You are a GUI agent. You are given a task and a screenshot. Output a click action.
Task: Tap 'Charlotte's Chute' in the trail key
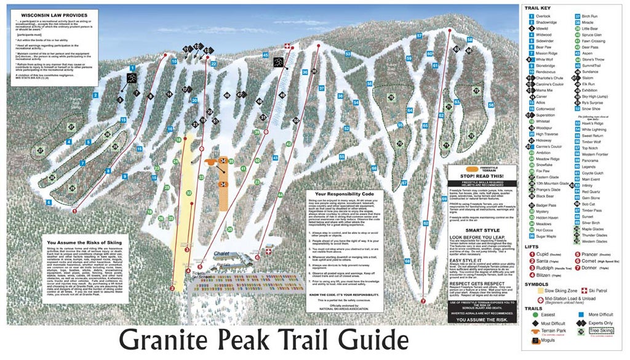549,78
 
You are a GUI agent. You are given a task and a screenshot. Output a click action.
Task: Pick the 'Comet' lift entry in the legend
595,260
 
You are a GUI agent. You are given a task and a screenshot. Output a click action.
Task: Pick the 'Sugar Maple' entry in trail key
546,236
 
